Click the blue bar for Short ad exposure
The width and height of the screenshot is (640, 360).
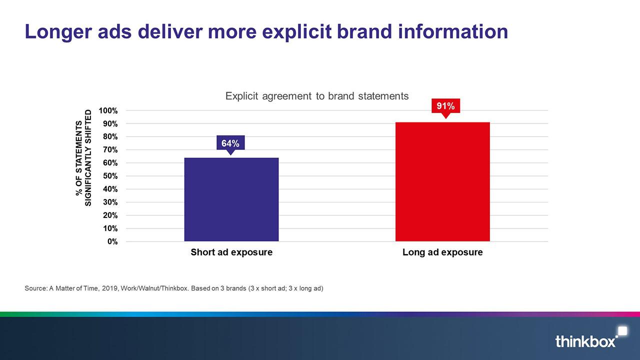[231, 199]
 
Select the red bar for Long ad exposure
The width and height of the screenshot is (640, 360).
[442, 181]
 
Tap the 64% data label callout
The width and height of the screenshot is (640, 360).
[230, 143]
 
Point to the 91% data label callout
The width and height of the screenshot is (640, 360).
[445, 107]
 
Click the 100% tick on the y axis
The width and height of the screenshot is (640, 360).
[108, 110]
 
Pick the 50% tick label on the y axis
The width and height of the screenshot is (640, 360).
[110, 176]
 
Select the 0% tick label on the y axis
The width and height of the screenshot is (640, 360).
[112, 241]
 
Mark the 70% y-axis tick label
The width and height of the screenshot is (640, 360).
[110, 149]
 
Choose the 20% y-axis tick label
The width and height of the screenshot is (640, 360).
[110, 215]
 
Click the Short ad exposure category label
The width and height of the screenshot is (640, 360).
[231, 252]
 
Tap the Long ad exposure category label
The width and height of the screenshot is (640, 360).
[442, 252]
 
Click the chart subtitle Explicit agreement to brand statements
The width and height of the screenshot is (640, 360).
[317, 96]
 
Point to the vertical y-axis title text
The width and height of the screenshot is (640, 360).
[83, 158]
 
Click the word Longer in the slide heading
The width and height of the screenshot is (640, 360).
[58, 32]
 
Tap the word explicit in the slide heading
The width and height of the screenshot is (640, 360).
[296, 32]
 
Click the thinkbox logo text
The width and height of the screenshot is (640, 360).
[585, 341]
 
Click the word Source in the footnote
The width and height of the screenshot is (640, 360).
[35, 288]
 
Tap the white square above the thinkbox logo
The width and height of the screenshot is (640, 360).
[623, 331]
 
